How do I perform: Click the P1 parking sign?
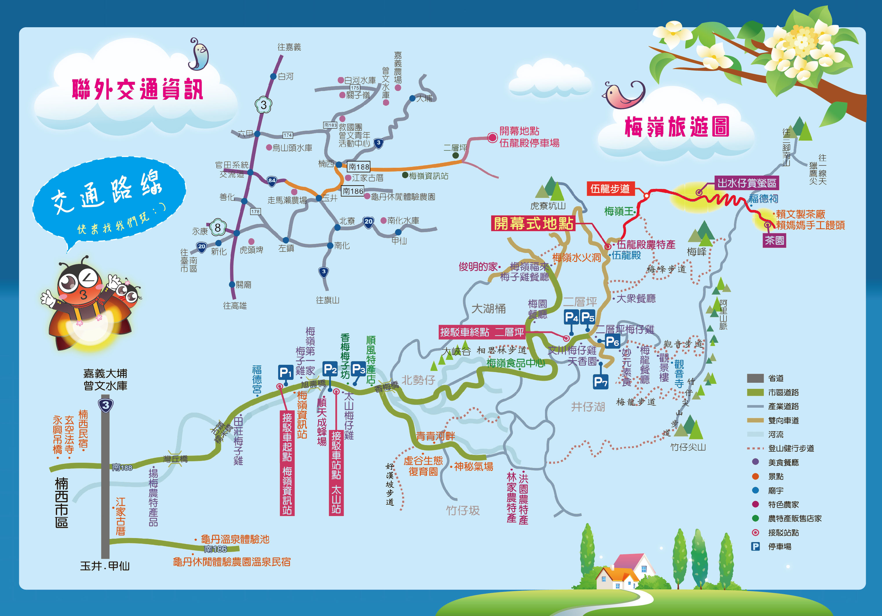click(285, 372)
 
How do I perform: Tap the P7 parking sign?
click(600, 382)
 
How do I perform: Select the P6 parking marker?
click(612, 341)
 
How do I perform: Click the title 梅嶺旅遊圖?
click(677, 127)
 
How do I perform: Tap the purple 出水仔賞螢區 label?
click(746, 183)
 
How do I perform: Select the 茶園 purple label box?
click(774, 240)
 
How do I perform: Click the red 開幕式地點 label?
click(533, 223)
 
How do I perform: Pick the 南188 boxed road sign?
click(358, 167)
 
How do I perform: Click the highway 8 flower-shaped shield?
click(217, 228)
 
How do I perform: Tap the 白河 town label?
click(285, 76)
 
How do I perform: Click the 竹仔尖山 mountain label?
click(688, 447)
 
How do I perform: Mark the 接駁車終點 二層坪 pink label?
click(482, 332)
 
